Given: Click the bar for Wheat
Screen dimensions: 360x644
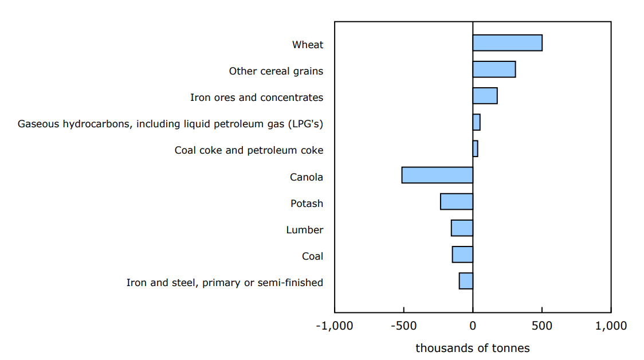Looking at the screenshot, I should (x=507, y=43).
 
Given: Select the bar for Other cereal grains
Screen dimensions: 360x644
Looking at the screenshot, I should (x=494, y=69).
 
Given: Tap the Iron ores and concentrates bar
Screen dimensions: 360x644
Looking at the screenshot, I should (x=485, y=96).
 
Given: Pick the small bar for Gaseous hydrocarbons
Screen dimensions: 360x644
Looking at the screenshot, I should (x=476, y=122).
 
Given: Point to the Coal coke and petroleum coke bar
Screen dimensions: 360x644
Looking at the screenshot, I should (x=475, y=148).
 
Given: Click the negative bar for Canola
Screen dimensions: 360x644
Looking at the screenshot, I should (x=437, y=175).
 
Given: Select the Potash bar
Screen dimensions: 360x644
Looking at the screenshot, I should (x=457, y=202).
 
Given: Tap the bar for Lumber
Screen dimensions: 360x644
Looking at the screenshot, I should (x=462, y=228).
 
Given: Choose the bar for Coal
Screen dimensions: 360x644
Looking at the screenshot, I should (x=462, y=255).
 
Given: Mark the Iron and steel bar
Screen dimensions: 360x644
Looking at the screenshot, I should (x=466, y=281).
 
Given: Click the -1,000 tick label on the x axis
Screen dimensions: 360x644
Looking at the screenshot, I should (x=334, y=326).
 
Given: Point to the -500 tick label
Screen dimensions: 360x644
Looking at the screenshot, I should (x=403, y=326).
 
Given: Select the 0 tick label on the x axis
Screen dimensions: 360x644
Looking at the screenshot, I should (x=473, y=326).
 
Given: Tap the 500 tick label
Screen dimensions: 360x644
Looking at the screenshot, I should (x=541, y=326).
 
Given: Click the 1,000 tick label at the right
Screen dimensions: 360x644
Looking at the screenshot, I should (x=611, y=326).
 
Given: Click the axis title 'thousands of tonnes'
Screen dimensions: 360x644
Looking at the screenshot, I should (x=473, y=348).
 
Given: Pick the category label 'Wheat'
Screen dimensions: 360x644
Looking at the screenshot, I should (x=308, y=45).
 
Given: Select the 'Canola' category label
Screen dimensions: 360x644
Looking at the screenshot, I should (x=307, y=177).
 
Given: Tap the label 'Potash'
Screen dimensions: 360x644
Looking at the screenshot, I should (x=307, y=204).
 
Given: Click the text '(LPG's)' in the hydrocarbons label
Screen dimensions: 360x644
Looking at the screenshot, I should (x=307, y=124).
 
